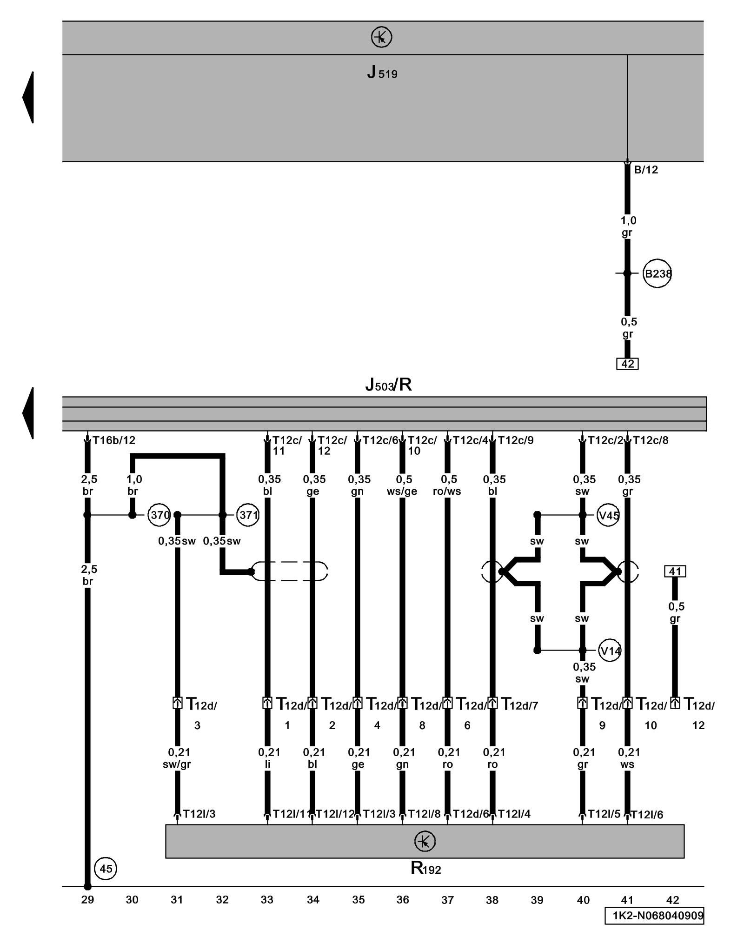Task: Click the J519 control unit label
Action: [382, 73]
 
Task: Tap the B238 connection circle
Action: [657, 273]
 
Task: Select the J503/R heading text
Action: [388, 385]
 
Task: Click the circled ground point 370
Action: [159, 515]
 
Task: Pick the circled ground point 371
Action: [247, 515]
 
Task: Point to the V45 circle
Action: [608, 515]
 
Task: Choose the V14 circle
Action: [610, 651]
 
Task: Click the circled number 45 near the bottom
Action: [106, 869]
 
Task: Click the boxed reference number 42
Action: [627, 364]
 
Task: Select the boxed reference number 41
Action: [675, 571]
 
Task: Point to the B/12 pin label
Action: [646, 170]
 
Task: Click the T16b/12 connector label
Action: [114, 440]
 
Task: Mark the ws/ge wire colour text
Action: [402, 492]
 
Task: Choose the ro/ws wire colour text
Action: [447, 492]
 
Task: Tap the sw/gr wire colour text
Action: [177, 764]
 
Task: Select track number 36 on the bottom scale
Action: [403, 900]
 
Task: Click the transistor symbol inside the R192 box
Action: [424, 841]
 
